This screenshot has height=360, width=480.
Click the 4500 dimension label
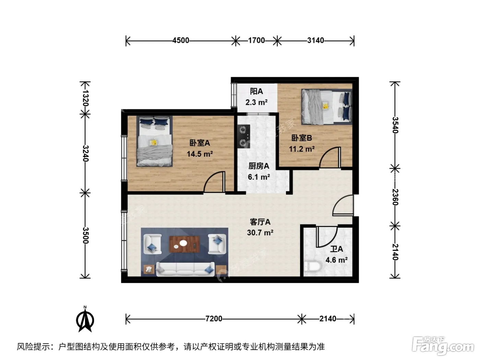point(181,40)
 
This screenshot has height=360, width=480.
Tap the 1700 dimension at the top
point(256,40)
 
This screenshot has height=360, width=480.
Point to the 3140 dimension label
point(315,40)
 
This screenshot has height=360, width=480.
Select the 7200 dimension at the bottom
point(214,319)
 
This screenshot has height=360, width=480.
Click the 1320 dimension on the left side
point(86,98)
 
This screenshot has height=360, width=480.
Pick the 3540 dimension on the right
point(395,125)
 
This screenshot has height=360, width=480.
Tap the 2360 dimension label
point(395,197)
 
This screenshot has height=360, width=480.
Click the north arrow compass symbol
point(85,319)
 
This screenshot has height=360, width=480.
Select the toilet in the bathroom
point(312,266)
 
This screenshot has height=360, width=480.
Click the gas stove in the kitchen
point(244,136)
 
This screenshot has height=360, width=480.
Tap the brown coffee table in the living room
point(184,244)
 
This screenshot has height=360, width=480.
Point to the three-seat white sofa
point(185,269)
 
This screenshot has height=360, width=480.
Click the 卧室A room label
point(200,143)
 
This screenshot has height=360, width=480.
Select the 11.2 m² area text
point(302,149)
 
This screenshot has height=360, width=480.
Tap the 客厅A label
point(260,222)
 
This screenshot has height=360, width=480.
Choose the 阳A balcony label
point(256,91)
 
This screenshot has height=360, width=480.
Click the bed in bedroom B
point(327,107)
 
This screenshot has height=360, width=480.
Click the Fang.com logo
point(443,346)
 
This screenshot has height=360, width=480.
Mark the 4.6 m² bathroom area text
point(337,260)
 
